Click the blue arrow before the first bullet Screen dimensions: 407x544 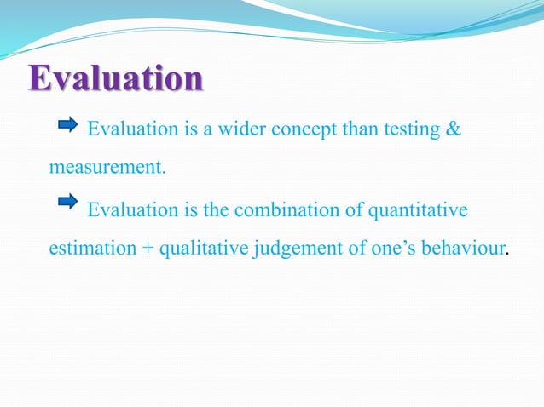pos(67,126)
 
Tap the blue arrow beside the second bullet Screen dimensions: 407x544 pos(67,202)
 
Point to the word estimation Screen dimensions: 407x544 pos(92,249)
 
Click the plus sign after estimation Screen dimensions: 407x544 pos(148,249)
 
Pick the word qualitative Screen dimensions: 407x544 pos(202,249)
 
